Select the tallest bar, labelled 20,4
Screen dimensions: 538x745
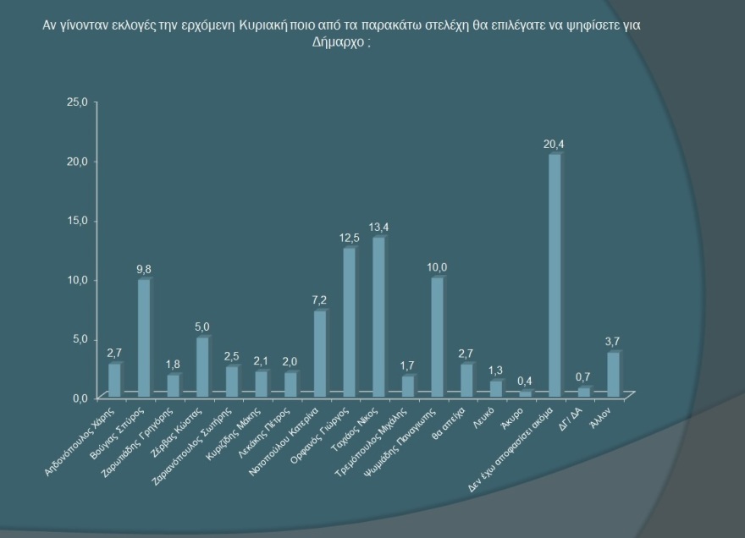[x=555, y=275]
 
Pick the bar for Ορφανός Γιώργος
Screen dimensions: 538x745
[x=349, y=321]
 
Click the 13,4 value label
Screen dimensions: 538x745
[x=379, y=227]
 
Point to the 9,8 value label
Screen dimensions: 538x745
[x=145, y=269]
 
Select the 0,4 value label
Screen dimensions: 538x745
[x=526, y=381]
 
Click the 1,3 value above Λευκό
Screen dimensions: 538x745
[x=496, y=370]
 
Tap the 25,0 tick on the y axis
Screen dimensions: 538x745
[x=77, y=102]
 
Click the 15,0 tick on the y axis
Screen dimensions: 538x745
[x=77, y=221]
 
